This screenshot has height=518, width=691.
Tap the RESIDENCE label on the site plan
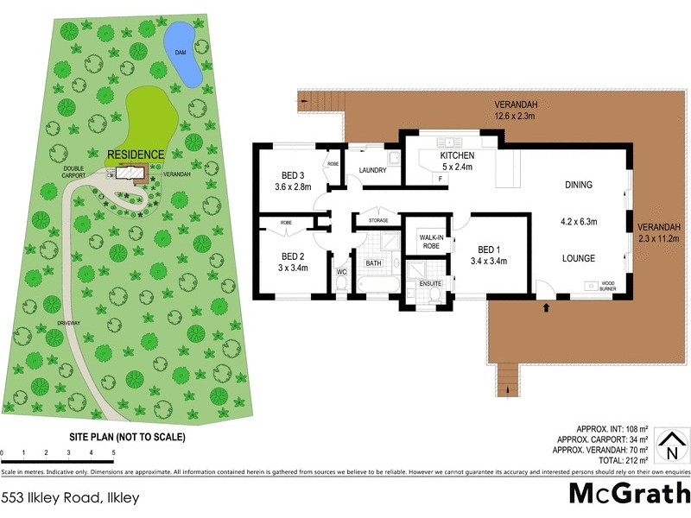pyautogui.click(x=135, y=155)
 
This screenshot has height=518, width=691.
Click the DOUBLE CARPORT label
pyautogui.click(x=79, y=172)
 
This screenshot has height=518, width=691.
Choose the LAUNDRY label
pyautogui.click(x=372, y=170)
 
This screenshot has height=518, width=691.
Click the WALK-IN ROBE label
pyautogui.click(x=430, y=241)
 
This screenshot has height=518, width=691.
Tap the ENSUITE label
pyautogui.click(x=430, y=283)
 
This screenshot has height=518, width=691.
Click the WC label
pyautogui.click(x=341, y=272)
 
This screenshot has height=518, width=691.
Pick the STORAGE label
pyautogui.click(x=377, y=220)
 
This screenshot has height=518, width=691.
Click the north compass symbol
pyautogui.click(x=666, y=448)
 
